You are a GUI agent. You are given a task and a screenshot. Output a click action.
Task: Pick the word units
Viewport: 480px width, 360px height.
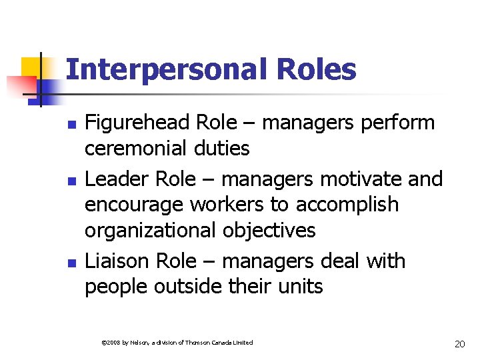click(300, 287)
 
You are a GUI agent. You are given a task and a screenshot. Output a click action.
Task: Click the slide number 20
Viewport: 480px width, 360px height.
click(459, 344)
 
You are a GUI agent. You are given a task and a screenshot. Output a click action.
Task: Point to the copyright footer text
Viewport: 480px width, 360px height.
click(177, 343)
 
